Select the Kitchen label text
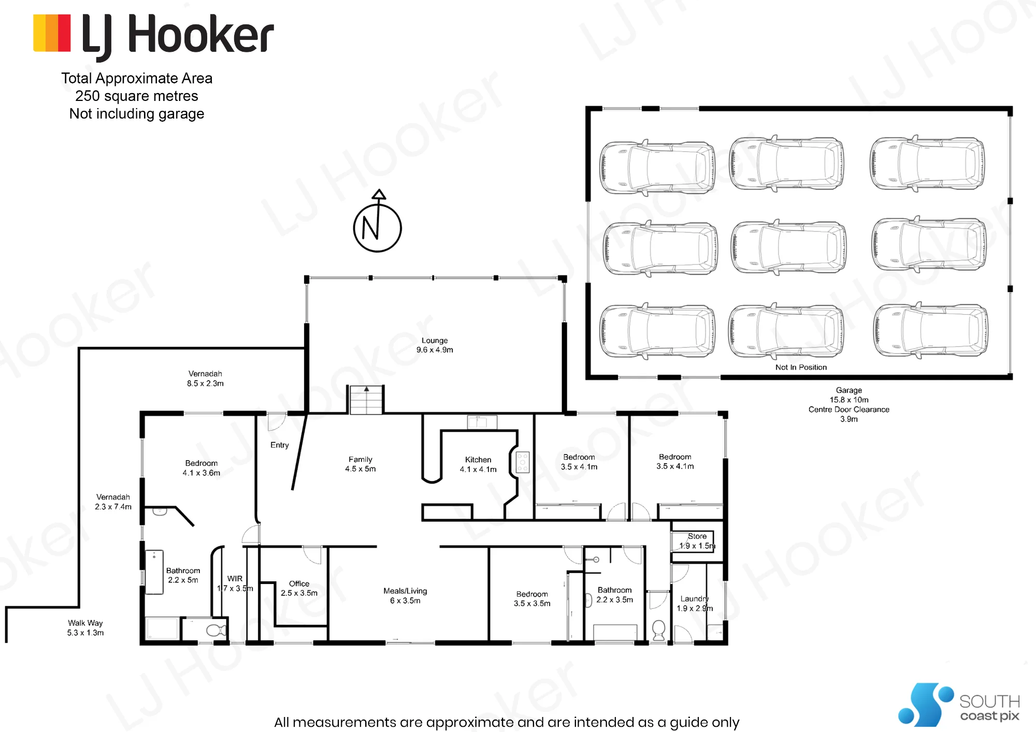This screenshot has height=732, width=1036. point(478,460)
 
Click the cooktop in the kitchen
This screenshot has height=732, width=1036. point(522,462)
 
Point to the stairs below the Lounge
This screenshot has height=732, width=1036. point(367,400)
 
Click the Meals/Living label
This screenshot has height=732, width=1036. point(405,591)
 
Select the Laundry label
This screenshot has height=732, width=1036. point(695,598)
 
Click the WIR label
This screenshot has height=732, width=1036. point(235,579)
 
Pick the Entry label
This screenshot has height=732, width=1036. point(280,445)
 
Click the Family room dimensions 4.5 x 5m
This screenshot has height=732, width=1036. point(361,469)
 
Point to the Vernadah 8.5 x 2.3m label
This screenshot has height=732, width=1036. point(205,378)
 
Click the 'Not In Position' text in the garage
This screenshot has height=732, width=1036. point(801,367)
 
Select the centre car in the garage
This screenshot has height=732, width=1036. point(788,246)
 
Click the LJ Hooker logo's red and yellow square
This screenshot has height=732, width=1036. point(52,33)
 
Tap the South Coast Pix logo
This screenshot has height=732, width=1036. point(959,705)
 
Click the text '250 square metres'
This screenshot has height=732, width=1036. point(137,96)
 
